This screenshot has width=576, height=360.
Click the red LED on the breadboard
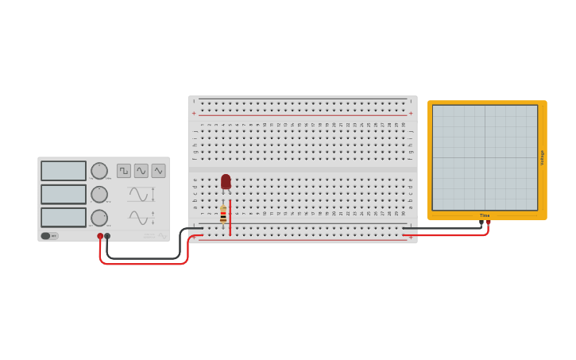(226, 182)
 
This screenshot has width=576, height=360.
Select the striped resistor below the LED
(223, 215)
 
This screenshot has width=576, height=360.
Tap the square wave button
(124, 171)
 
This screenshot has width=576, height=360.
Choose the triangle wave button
(159, 171)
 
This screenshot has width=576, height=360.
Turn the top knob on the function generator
(99, 171)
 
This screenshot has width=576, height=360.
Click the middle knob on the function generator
(99, 195)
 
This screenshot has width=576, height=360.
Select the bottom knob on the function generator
(99, 218)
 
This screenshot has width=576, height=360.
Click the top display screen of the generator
(64, 171)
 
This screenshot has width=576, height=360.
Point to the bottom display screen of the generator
(64, 217)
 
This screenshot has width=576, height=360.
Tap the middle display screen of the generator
(64, 194)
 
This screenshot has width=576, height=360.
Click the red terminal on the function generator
(100, 236)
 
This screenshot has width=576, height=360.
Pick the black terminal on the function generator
(107, 236)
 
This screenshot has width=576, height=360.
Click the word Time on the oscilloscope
(485, 215)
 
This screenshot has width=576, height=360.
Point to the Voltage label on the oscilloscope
(543, 157)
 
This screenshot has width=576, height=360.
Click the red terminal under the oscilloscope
(488, 223)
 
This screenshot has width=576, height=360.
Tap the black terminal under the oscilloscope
(481, 223)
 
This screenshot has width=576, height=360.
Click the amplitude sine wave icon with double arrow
(141, 195)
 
